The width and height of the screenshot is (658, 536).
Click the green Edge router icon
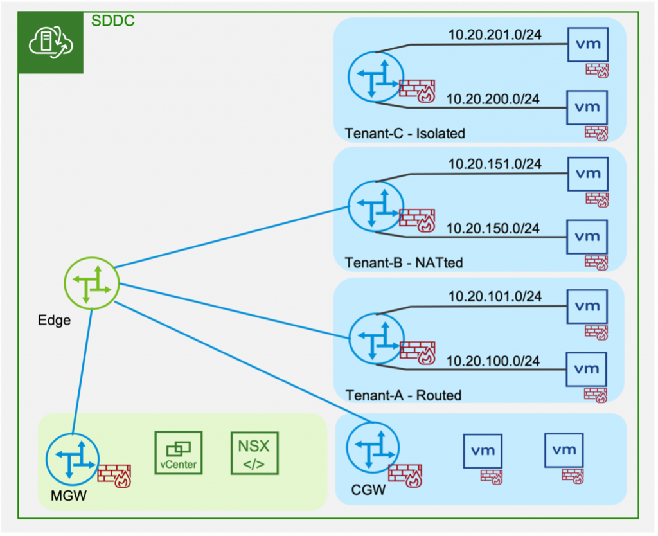coord(92,284)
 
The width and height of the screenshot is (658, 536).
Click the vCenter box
coord(179,453)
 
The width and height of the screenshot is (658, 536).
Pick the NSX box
coord(255,453)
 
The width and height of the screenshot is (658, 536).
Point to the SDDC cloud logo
coord(51,42)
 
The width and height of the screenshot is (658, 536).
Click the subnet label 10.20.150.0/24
coord(493,228)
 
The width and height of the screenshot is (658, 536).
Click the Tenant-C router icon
coord(375,76)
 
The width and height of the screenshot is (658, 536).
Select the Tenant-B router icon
coord(375,205)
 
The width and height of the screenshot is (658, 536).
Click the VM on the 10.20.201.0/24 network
coord(587,44)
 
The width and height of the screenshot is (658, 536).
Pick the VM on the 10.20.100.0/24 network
coord(587,369)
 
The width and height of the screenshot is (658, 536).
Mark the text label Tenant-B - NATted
coord(404,263)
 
